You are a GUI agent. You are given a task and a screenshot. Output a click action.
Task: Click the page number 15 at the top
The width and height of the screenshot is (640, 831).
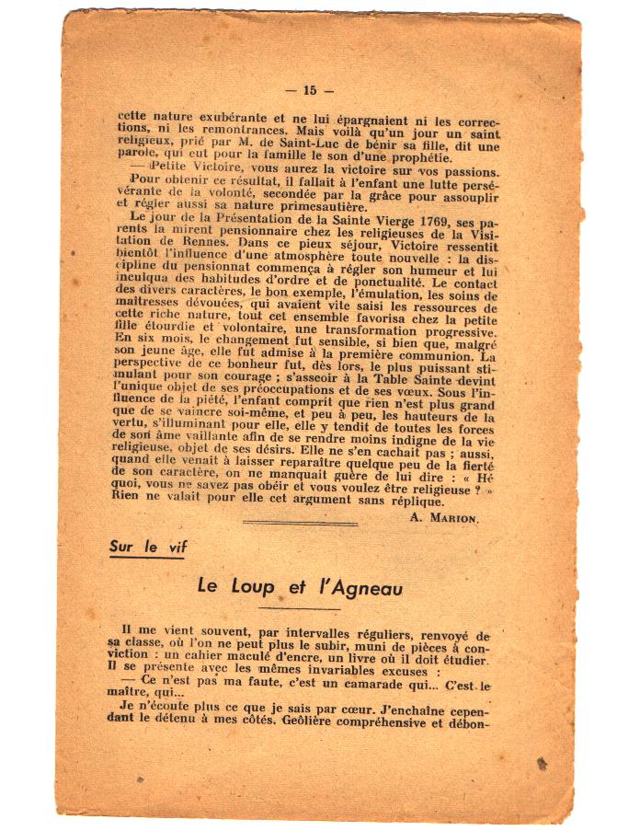coord(309,90)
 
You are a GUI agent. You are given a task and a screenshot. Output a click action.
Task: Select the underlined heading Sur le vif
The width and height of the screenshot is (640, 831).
coord(148,547)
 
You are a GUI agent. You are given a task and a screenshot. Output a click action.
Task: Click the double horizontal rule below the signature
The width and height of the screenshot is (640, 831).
coord(300,523)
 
